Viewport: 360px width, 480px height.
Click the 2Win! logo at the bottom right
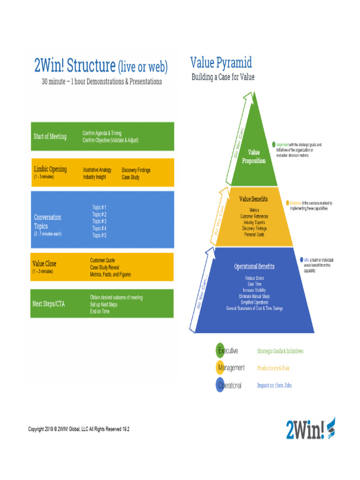(x=310, y=428)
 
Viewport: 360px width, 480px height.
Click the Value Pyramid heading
(x=221, y=62)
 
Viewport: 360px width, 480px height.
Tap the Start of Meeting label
(x=50, y=136)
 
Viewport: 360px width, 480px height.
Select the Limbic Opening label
(x=50, y=169)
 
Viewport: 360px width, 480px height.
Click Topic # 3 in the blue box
(x=99, y=221)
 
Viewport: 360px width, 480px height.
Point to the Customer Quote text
(x=103, y=260)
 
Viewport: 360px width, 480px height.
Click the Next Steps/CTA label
(x=48, y=304)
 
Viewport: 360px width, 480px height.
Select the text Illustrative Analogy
(x=97, y=170)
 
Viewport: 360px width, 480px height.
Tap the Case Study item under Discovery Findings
(x=130, y=177)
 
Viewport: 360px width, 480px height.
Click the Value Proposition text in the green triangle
(x=254, y=157)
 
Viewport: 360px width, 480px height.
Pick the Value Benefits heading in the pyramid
(x=253, y=199)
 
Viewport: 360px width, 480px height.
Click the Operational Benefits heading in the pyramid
(x=254, y=266)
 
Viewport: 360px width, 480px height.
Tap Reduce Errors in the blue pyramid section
(x=255, y=277)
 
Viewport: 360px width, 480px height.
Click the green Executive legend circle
(x=220, y=350)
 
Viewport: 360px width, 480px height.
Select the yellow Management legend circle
(x=220, y=368)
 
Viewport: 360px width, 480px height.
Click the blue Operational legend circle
(x=220, y=385)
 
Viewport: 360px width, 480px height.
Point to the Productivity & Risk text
(x=274, y=368)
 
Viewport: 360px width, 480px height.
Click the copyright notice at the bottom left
(x=79, y=429)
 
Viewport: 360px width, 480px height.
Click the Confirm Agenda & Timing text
(x=102, y=134)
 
